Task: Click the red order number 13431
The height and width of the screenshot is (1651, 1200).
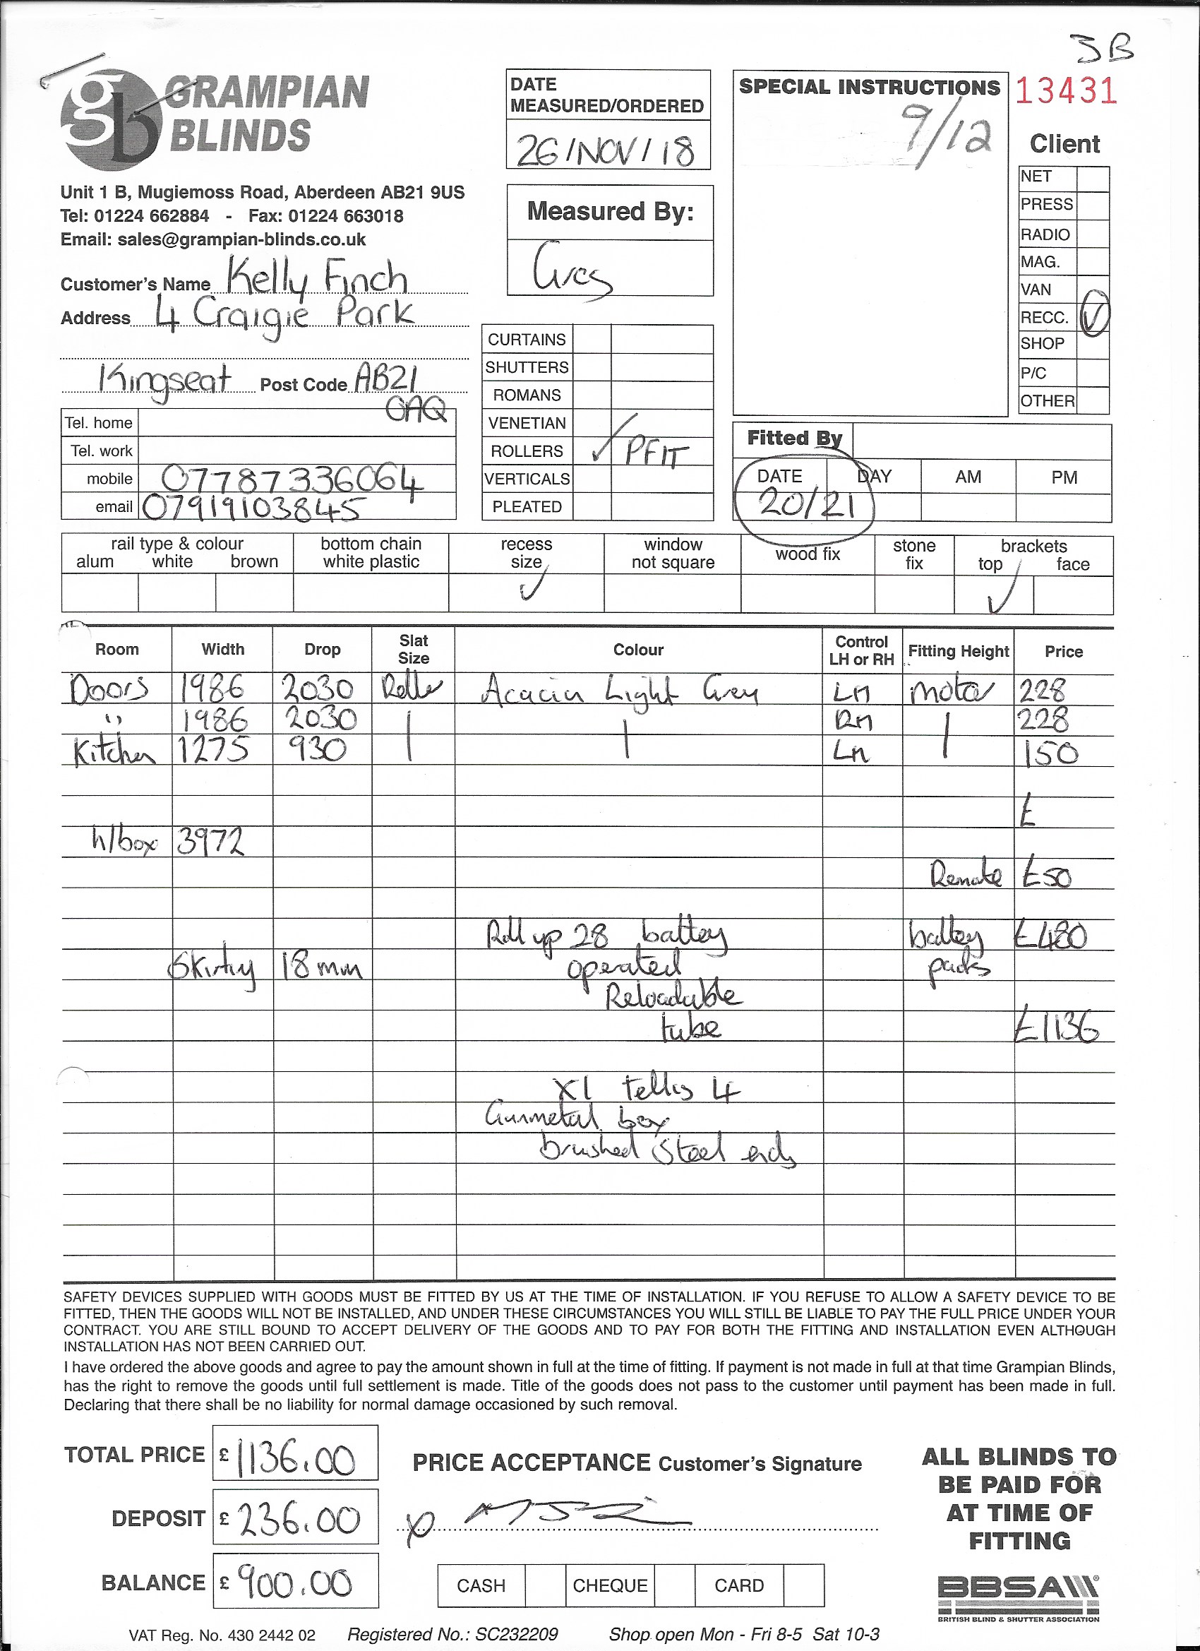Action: tap(1065, 91)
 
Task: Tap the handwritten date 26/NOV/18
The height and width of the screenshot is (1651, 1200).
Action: tap(606, 150)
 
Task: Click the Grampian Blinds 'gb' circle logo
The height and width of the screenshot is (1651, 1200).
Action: tap(111, 120)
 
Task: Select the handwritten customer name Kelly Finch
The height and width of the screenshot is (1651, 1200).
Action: tap(316, 278)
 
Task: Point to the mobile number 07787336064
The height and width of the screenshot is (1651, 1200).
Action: tap(291, 479)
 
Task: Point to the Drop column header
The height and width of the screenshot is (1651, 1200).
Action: tap(323, 650)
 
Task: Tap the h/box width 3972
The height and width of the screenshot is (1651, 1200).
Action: tap(210, 843)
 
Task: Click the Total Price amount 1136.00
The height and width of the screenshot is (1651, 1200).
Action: tap(296, 1458)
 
